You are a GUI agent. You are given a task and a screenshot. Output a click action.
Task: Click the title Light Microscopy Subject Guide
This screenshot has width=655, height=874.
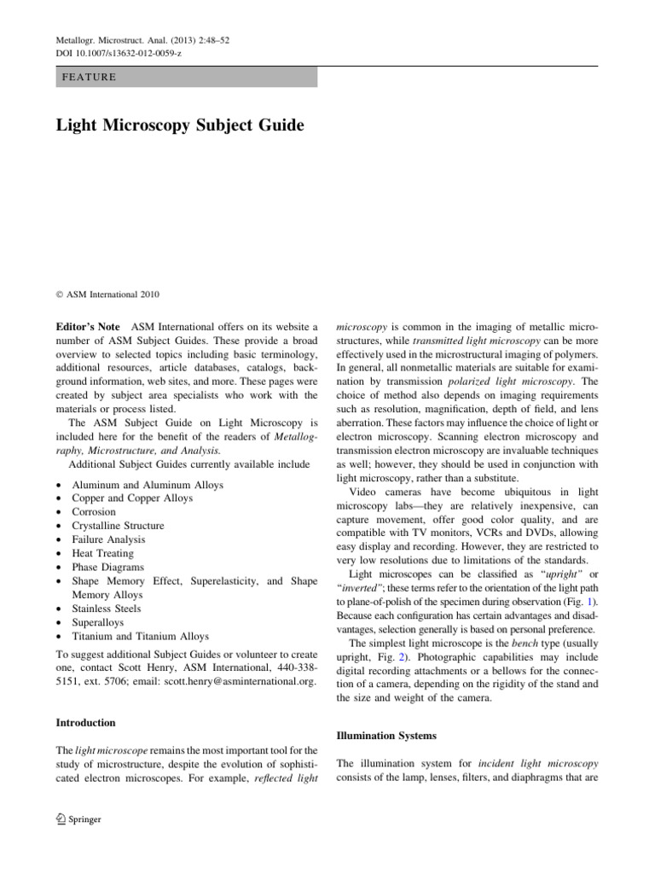point(180,125)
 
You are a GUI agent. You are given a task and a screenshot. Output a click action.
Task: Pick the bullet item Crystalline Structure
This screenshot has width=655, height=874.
point(118,526)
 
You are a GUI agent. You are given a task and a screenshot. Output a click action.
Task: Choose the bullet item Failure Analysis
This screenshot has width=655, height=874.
point(108,539)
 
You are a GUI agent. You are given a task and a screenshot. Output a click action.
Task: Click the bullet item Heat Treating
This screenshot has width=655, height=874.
point(104,553)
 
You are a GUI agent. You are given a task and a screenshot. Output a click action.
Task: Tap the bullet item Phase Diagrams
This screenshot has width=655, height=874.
point(107,567)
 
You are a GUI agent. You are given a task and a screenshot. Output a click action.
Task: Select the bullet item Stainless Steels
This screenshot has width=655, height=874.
point(107,609)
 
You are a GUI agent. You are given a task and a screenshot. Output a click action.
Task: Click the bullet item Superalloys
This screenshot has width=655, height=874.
point(99,622)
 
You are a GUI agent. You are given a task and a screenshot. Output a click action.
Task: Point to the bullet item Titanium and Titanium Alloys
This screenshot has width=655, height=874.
point(140,636)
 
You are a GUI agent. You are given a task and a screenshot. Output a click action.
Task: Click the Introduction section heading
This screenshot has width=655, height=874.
point(85,722)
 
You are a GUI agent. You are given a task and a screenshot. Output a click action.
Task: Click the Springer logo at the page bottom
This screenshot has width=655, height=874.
point(78,819)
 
